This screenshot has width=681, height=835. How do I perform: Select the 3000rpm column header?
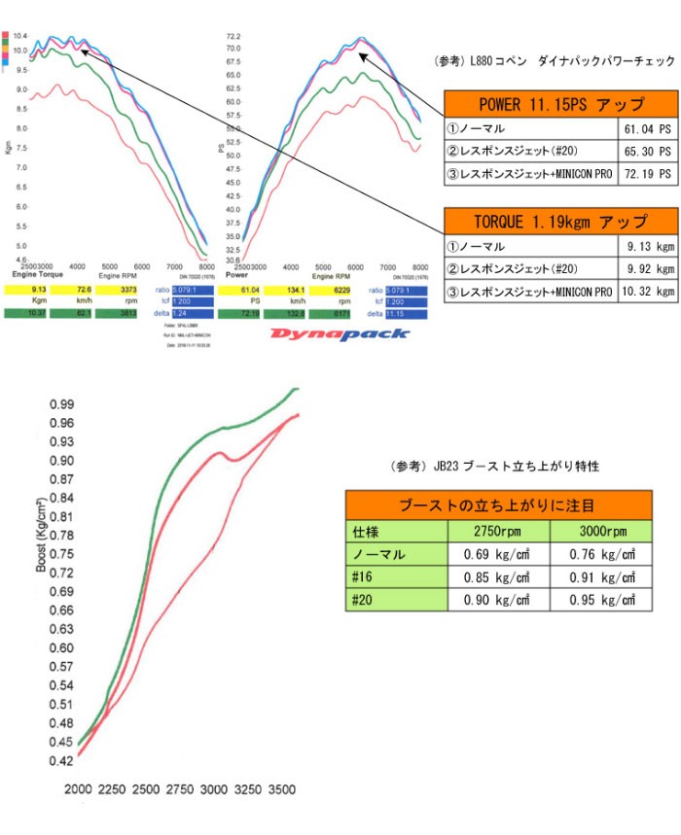click(x=600, y=532)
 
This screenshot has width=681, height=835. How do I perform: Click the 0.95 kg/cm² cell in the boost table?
click(x=600, y=601)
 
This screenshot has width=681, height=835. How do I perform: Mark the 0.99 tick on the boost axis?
click(x=62, y=403)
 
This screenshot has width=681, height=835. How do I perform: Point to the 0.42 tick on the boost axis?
click(x=62, y=761)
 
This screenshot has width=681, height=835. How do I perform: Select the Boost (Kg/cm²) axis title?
click(x=43, y=550)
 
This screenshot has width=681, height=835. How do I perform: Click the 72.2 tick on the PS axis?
click(x=233, y=36)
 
